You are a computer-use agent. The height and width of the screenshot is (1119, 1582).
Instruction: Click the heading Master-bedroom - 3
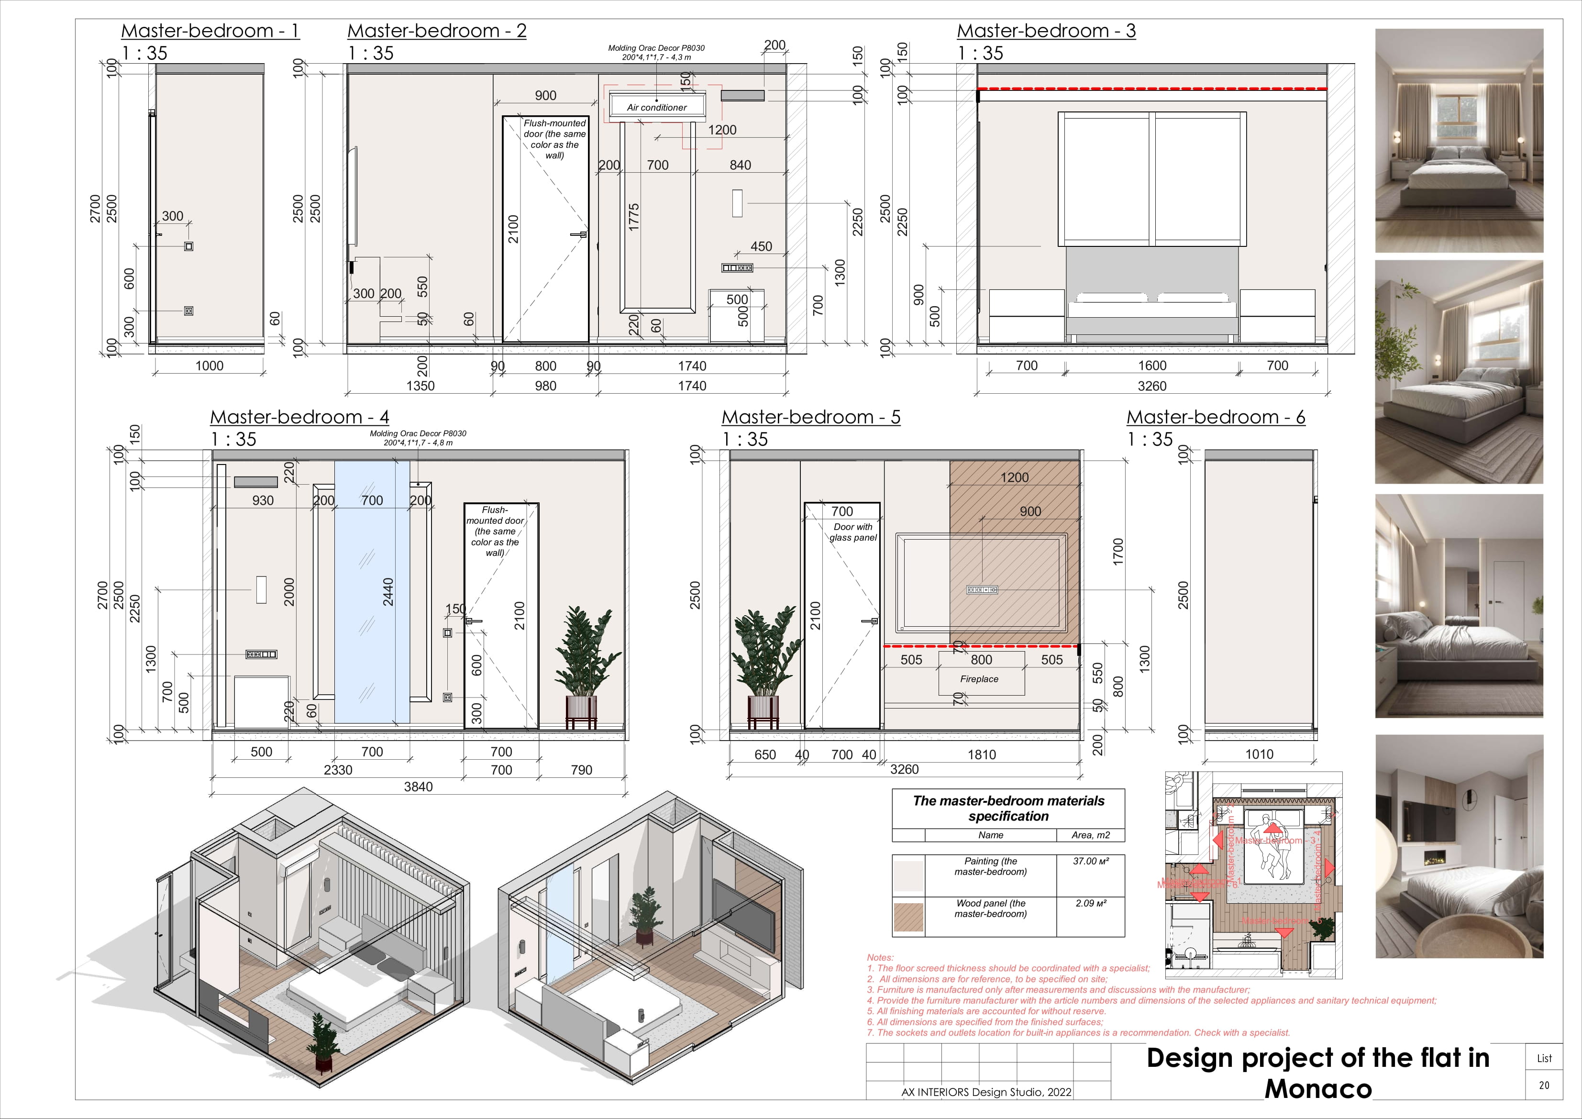tap(1046, 31)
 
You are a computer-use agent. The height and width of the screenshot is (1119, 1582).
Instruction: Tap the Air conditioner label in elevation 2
tap(657, 108)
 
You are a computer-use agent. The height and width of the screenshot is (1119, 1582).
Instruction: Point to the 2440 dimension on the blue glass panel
tap(388, 591)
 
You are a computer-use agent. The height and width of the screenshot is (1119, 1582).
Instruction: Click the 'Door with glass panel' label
tap(853, 532)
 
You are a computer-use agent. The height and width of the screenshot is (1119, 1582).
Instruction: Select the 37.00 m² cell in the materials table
tap(1091, 861)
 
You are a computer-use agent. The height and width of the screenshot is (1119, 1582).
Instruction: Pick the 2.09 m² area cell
tap(1091, 903)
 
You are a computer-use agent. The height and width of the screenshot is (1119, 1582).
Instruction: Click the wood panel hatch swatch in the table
tap(908, 917)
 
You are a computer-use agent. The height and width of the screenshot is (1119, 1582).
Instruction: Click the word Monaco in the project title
tap(1317, 1089)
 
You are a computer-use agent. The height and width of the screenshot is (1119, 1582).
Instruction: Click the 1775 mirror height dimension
tap(634, 217)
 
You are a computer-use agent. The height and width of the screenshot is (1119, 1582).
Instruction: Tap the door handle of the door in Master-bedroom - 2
tap(580, 235)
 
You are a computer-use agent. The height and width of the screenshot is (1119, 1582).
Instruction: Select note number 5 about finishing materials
tap(986, 1011)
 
